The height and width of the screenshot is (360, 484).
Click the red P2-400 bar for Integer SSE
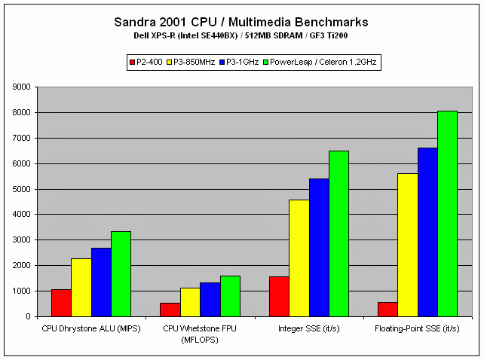pyautogui.click(x=279, y=296)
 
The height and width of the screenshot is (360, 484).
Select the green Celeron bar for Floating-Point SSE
pyautogui.click(x=447, y=214)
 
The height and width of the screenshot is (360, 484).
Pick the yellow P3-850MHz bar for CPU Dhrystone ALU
pyautogui.click(x=81, y=287)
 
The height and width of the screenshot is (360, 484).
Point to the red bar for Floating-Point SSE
pyautogui.click(x=388, y=309)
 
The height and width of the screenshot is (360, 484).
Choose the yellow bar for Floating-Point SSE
pyautogui.click(x=407, y=245)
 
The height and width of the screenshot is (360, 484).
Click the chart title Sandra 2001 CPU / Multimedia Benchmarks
pyautogui.click(x=241, y=22)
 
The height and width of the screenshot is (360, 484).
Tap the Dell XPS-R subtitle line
pyautogui.click(x=241, y=35)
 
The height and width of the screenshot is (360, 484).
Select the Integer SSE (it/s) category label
pyautogui.click(x=308, y=328)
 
